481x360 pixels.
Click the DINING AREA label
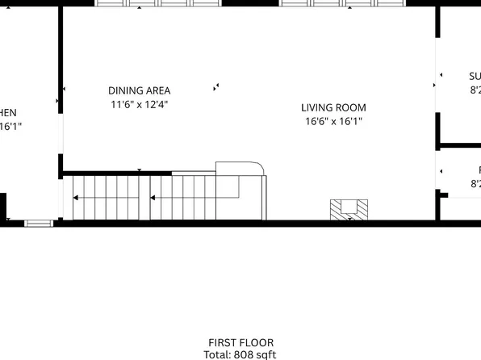(139, 91)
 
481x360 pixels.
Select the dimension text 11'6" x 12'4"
(139, 105)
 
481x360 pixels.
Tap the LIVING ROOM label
(333, 107)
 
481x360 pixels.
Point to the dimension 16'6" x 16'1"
(333, 122)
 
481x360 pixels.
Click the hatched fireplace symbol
(349, 209)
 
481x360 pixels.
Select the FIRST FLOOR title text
(240, 342)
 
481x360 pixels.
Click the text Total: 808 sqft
(240, 354)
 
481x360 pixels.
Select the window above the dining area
(157, 3)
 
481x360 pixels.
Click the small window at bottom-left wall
(38, 222)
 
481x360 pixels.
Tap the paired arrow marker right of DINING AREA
(215, 86)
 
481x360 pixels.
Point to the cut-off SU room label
(475, 77)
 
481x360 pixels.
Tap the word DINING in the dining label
(126, 91)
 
